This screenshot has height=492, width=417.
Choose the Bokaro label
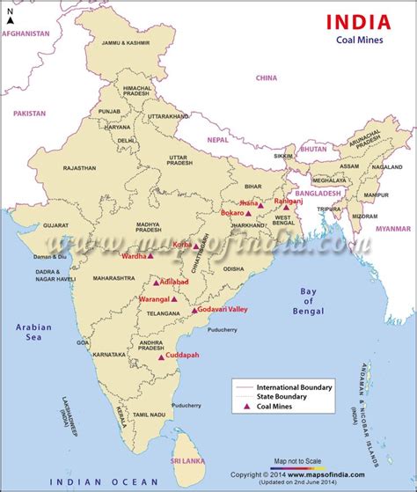pos(232,213)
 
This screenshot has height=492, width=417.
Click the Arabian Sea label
pos(33,332)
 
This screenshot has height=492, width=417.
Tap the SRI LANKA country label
pos(186,460)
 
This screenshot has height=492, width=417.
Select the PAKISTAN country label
pos(30,114)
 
